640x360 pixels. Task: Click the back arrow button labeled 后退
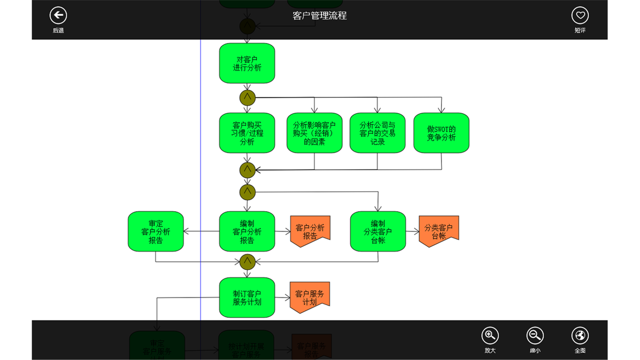[x=58, y=16]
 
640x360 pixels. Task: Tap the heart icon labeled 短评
[x=580, y=16]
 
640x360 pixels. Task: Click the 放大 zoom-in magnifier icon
[x=490, y=336]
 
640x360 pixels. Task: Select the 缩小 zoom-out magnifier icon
[x=535, y=336]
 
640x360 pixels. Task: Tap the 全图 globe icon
[x=580, y=336]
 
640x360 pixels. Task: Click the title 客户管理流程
[x=320, y=16]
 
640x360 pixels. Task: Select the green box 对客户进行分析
[x=247, y=63]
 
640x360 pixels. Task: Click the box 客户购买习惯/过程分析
[x=247, y=133]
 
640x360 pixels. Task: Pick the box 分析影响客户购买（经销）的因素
[x=315, y=133]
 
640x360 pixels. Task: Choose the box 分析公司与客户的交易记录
[x=378, y=133]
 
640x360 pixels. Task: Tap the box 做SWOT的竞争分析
[x=441, y=133]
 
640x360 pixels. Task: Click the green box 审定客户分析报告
[x=156, y=232]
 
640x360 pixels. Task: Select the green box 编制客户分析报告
[x=247, y=232]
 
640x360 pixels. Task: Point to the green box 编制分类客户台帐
[x=378, y=232]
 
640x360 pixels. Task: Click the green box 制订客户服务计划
[x=247, y=297]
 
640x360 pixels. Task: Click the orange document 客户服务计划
[x=310, y=297]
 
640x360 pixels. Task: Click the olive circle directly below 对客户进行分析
[x=248, y=97]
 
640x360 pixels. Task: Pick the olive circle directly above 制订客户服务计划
[x=248, y=262]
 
